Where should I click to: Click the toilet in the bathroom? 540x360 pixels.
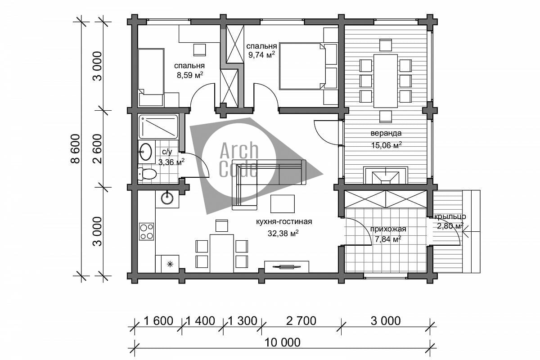(147, 174)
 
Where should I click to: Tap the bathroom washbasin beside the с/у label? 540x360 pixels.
(146, 152)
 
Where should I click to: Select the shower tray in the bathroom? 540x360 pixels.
(158, 127)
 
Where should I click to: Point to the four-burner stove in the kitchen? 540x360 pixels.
(146, 231)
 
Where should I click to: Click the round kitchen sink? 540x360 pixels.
(167, 198)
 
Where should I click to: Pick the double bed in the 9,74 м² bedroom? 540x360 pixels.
(302, 66)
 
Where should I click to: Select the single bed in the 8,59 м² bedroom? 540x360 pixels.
(151, 77)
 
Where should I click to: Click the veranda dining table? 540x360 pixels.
(386, 81)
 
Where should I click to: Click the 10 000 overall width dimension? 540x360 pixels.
(282, 342)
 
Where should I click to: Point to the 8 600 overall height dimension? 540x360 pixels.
(76, 149)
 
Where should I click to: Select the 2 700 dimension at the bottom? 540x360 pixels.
(301, 321)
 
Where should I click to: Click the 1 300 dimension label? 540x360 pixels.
(242, 321)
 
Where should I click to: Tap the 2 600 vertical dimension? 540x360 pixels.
(98, 149)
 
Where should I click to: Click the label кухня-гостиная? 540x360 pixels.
(284, 221)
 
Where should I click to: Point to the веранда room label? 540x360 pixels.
(386, 133)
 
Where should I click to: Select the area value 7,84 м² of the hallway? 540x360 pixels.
(388, 239)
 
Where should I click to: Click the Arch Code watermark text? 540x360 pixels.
(239, 160)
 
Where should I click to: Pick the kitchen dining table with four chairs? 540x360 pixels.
(222, 253)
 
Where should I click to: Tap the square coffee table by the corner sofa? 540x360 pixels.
(282, 204)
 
